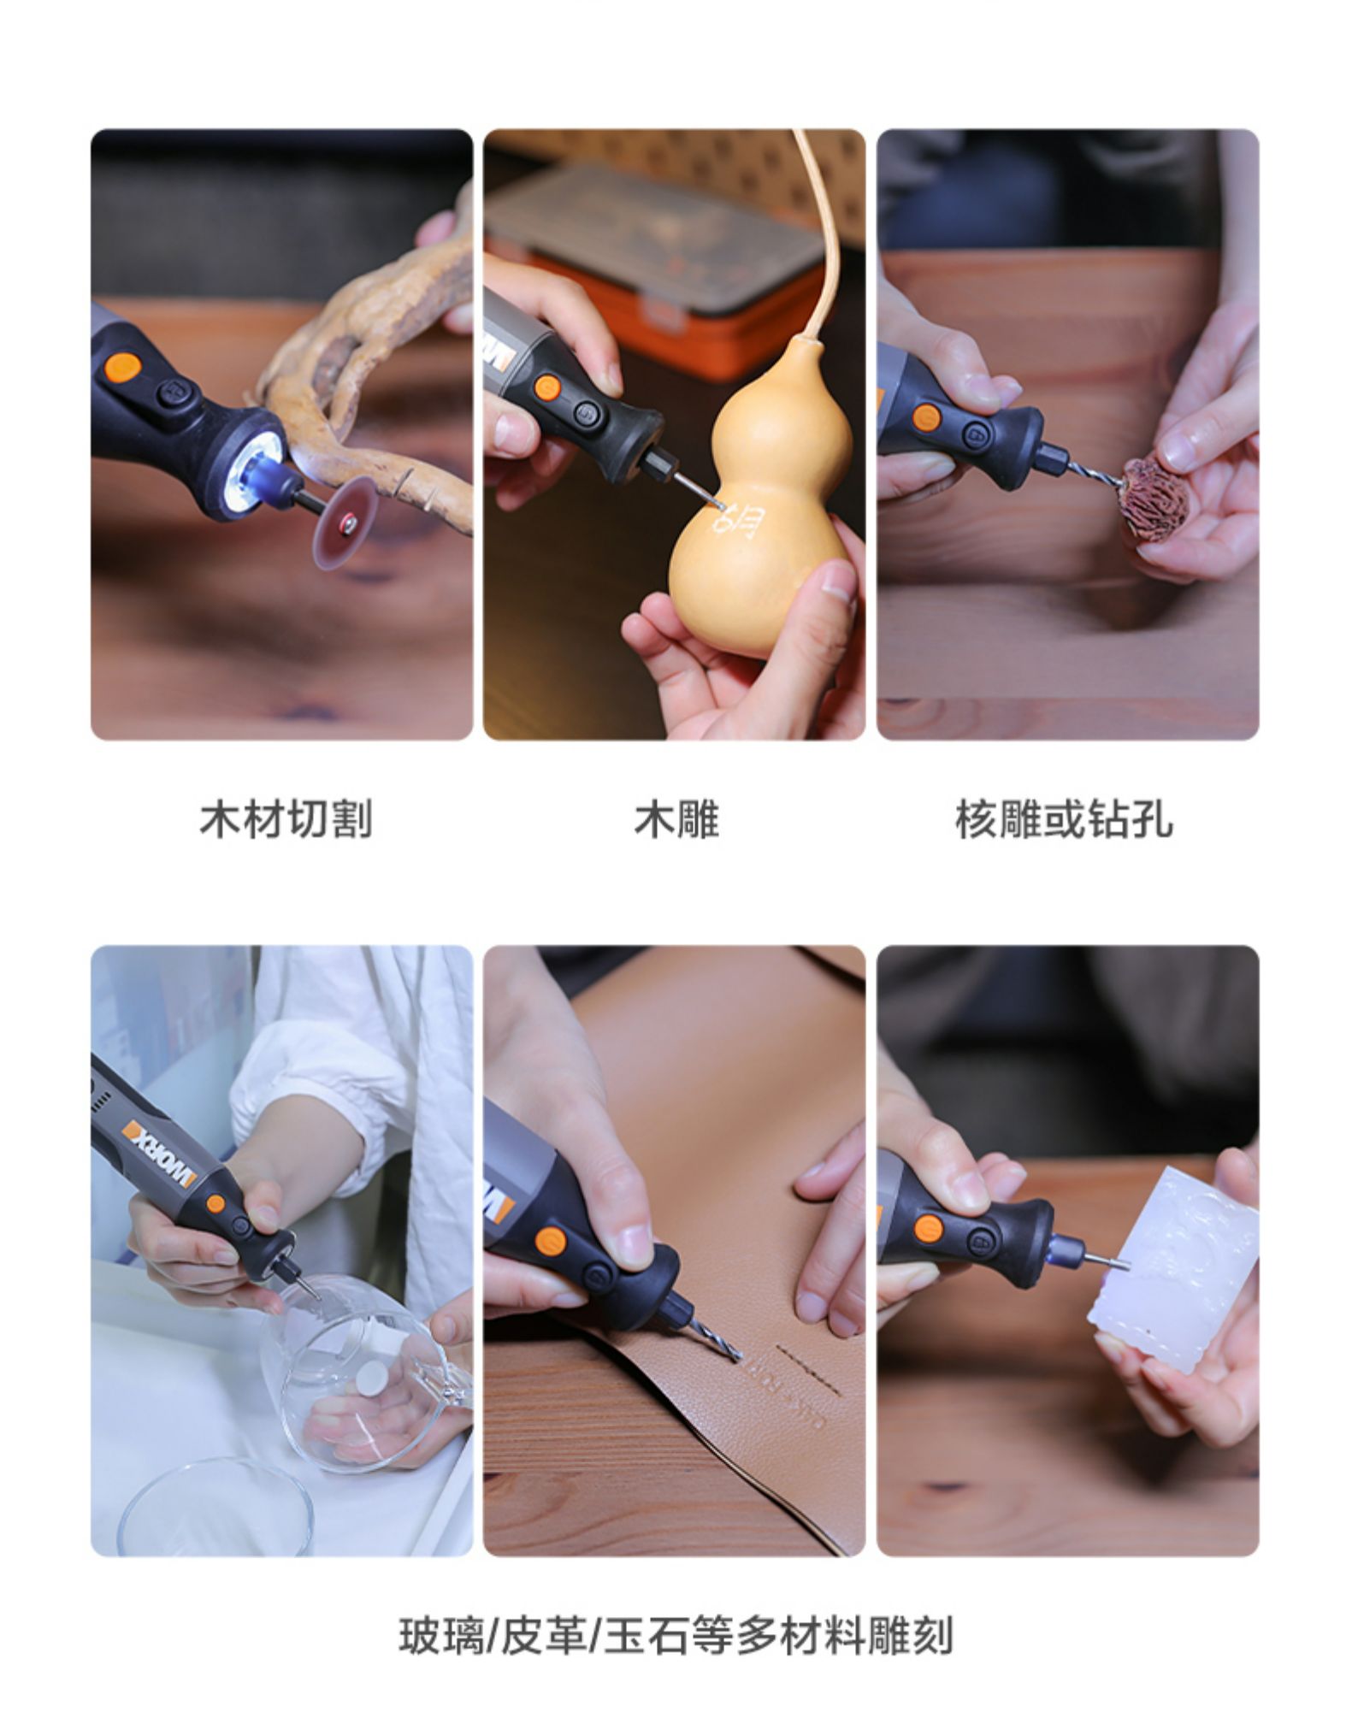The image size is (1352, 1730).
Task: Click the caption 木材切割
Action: coord(286,819)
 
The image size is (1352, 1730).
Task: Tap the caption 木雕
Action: coord(676,819)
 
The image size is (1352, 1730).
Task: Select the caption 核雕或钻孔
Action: coord(1064,819)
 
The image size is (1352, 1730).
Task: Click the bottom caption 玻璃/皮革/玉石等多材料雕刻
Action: coord(676,1637)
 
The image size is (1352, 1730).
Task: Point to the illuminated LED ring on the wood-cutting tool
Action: coord(260,467)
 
